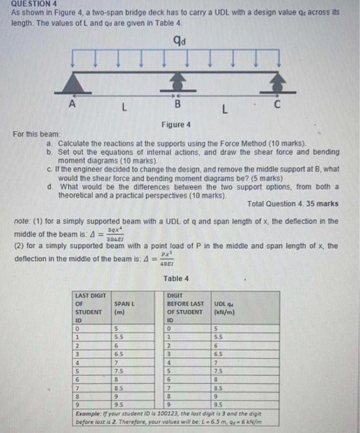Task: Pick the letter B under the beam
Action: click(x=178, y=105)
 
